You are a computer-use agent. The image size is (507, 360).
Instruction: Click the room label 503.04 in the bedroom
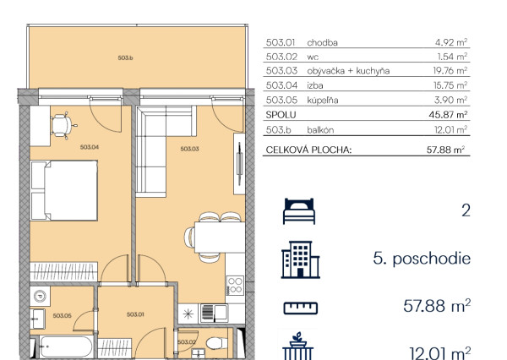click(x=90, y=147)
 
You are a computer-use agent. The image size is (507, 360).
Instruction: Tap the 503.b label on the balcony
click(x=125, y=58)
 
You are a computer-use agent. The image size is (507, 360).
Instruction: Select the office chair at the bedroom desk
click(x=63, y=126)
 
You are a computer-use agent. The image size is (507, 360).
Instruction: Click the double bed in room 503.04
click(x=64, y=191)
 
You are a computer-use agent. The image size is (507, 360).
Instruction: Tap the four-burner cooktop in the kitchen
click(x=235, y=286)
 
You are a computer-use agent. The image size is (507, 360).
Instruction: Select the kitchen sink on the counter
click(x=215, y=314)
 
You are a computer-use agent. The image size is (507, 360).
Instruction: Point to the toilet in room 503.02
click(x=216, y=343)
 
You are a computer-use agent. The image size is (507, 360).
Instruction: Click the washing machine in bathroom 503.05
click(x=40, y=296)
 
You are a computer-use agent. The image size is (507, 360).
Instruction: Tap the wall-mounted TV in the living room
click(x=240, y=164)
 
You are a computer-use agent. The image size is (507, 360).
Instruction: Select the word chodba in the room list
click(x=323, y=43)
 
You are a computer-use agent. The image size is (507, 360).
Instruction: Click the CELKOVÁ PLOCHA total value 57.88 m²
click(x=445, y=150)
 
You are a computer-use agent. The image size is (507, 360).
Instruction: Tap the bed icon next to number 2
click(x=299, y=211)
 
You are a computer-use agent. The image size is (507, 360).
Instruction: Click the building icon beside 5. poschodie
click(x=300, y=259)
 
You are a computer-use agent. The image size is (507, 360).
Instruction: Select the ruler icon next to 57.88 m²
click(x=301, y=308)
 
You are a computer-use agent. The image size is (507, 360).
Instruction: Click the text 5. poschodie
click(x=422, y=259)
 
